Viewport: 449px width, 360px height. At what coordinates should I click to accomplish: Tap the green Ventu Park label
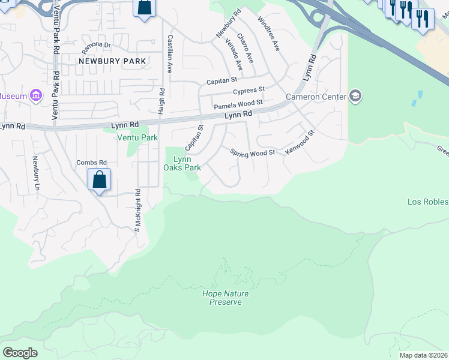point(137,137)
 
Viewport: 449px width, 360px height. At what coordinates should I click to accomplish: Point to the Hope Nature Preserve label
point(225,298)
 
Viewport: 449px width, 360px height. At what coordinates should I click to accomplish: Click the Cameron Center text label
point(316,97)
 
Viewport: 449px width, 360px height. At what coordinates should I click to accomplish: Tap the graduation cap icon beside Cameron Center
point(355,96)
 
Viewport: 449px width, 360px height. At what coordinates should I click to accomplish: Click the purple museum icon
point(35,95)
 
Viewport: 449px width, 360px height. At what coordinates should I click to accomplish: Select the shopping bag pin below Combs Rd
point(99,180)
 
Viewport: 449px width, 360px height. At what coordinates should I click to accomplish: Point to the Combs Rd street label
point(91,163)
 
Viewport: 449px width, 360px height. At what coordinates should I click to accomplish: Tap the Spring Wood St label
point(253,152)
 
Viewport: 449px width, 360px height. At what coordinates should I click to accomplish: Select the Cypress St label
point(249,91)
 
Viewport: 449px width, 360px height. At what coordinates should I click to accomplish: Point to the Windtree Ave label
point(268,34)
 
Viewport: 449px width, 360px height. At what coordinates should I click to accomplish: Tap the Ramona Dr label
point(97,45)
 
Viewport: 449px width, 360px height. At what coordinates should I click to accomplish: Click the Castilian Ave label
point(170,54)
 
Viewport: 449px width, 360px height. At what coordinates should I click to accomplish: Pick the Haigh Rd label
point(161,101)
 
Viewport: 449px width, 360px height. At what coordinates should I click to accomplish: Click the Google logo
point(20,353)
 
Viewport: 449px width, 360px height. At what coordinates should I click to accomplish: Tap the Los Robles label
point(428,202)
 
